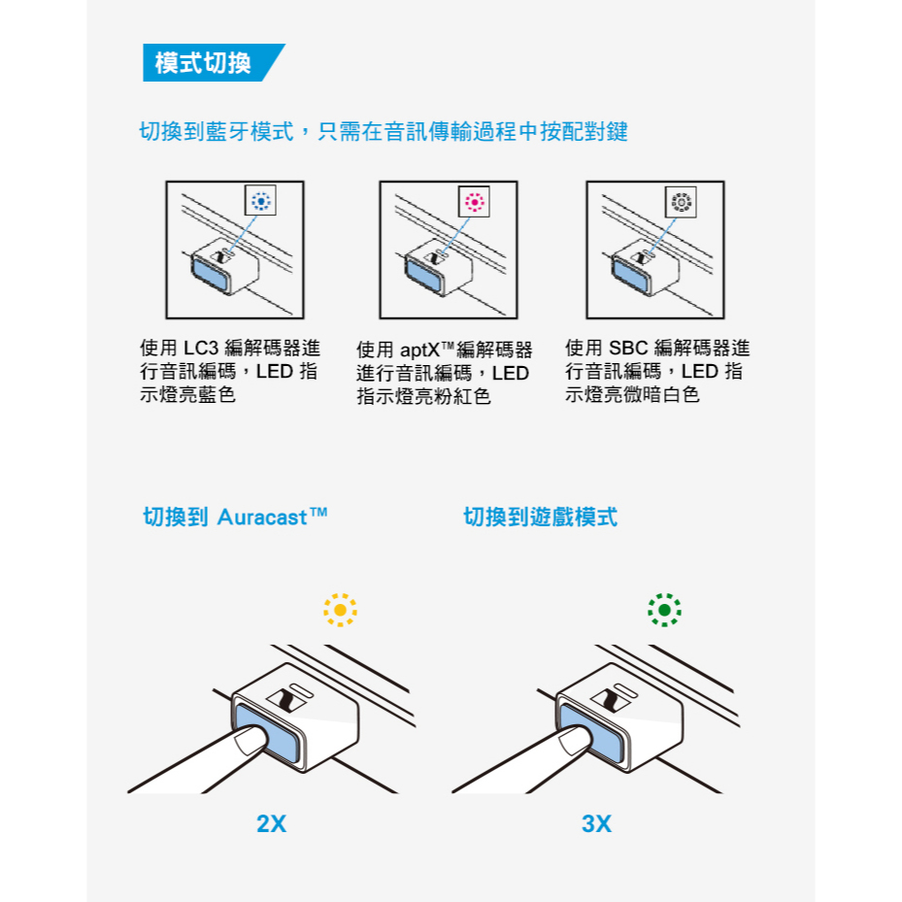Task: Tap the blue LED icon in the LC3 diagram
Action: click(260, 201)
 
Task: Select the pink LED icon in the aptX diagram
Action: click(475, 202)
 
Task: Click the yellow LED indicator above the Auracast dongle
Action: click(340, 610)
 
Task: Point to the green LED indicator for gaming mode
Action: click(664, 610)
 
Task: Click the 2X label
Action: click(271, 823)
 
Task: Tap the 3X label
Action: click(596, 823)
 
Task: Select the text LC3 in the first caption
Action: click(201, 348)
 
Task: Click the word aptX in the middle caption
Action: click(419, 350)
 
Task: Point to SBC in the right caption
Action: click(628, 348)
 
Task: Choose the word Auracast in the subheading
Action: click(262, 518)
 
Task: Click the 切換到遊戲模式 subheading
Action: click(540, 518)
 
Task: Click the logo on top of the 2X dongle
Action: click(285, 701)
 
